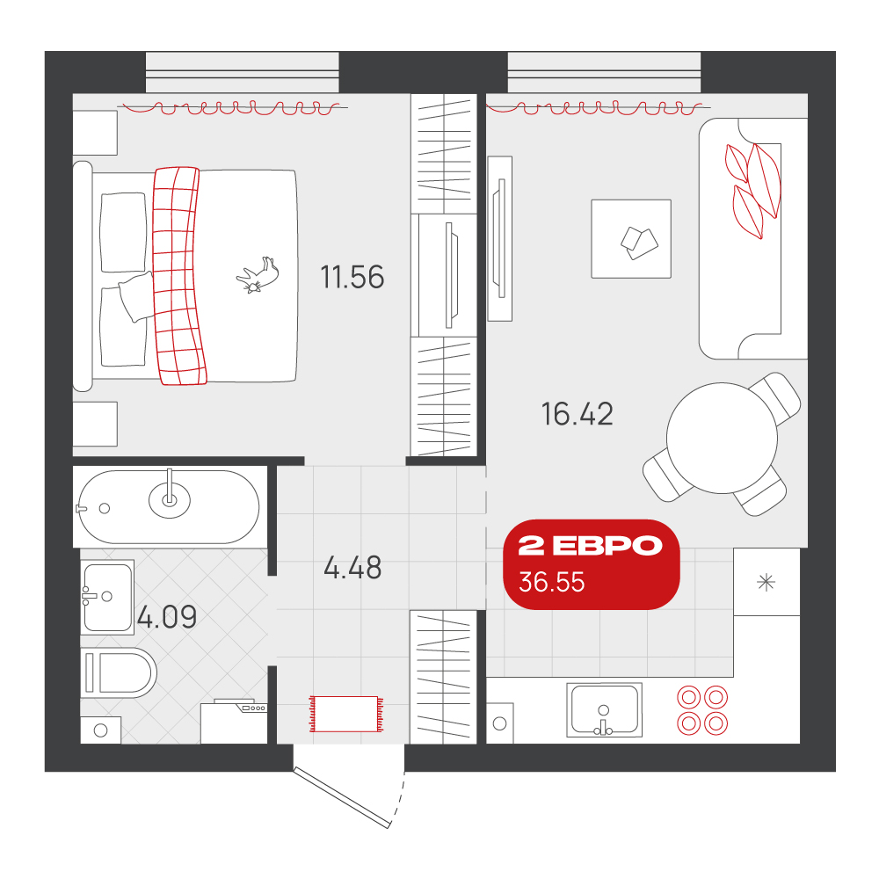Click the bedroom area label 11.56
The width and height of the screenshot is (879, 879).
[352, 277]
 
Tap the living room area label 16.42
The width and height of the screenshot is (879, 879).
[577, 414]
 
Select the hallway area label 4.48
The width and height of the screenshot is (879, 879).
[352, 567]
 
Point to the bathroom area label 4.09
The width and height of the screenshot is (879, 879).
[167, 617]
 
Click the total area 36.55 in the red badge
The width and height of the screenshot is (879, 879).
[552, 582]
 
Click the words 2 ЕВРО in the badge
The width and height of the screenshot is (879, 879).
[590, 546]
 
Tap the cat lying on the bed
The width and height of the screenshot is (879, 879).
[258, 274]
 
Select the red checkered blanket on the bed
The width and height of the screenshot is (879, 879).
[178, 276]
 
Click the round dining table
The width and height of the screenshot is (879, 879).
[722, 438]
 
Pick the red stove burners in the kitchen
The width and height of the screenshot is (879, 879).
[702, 710]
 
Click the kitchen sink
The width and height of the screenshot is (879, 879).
[604, 709]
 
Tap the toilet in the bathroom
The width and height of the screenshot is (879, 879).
[119, 672]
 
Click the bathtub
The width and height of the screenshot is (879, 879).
[168, 507]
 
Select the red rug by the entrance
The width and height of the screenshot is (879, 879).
[346, 714]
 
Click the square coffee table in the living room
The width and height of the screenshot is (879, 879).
[631, 239]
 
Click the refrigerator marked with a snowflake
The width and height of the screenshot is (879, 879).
[766, 582]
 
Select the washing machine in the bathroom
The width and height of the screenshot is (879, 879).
[234, 722]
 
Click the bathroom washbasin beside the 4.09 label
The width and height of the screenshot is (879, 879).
[107, 597]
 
